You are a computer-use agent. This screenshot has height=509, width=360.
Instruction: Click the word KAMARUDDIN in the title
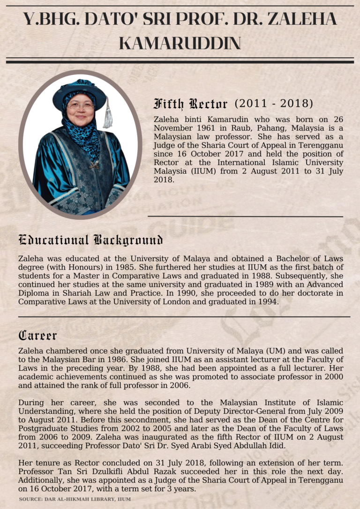point(180,44)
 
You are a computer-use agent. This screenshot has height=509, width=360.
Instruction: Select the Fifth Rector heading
point(190,104)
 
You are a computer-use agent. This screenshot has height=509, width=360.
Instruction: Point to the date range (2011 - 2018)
point(274,103)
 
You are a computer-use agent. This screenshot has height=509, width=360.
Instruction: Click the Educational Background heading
point(90,240)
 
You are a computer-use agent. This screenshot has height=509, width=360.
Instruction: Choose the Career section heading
point(37,335)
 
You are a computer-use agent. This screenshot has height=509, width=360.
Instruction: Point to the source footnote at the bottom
point(75,500)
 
